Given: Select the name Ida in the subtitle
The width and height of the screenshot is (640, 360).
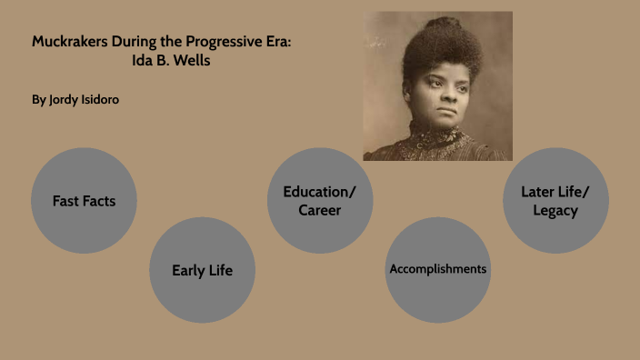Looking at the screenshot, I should coord(144,61).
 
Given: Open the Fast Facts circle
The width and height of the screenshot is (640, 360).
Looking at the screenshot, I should coord(84,201).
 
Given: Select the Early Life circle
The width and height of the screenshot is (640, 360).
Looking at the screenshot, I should coord(202,270).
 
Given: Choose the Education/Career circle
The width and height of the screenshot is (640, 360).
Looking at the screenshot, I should coord(320,201).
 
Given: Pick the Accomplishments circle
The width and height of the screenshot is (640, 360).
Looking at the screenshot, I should coord(437,269).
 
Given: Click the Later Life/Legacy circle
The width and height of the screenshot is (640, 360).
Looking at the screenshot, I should coord(555,201).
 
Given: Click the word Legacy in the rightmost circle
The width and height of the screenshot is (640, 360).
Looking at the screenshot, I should coord(555,211).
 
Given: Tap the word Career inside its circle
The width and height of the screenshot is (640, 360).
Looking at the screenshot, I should coord(320,211).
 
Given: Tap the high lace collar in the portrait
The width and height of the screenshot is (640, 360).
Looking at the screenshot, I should coord(435,136).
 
